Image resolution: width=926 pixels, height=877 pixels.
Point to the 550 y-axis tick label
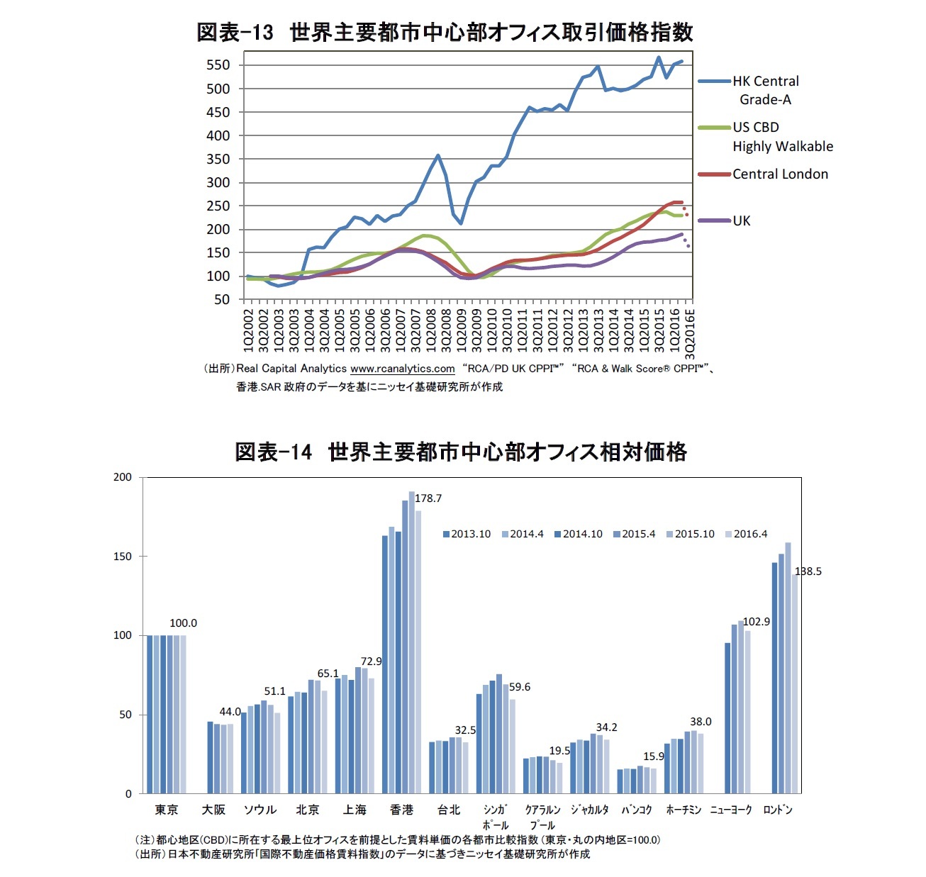(x=218, y=65)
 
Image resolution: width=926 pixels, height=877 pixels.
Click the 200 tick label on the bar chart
(x=123, y=477)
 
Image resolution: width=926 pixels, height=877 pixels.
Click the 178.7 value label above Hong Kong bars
(x=428, y=498)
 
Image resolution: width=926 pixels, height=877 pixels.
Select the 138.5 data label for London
(x=808, y=571)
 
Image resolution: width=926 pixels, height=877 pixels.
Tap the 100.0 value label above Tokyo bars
(x=183, y=623)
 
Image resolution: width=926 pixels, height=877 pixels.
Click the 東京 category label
(x=167, y=810)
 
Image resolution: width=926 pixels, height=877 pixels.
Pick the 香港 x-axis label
(x=401, y=810)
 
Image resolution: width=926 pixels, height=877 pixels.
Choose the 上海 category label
(x=355, y=810)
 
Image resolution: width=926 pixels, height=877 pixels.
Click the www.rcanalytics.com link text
(x=402, y=369)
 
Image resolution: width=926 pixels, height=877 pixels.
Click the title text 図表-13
(x=235, y=33)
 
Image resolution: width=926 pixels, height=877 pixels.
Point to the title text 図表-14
(x=273, y=452)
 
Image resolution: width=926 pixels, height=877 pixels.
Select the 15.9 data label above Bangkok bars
(x=654, y=756)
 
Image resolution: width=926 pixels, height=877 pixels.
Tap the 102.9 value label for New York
(x=756, y=622)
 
